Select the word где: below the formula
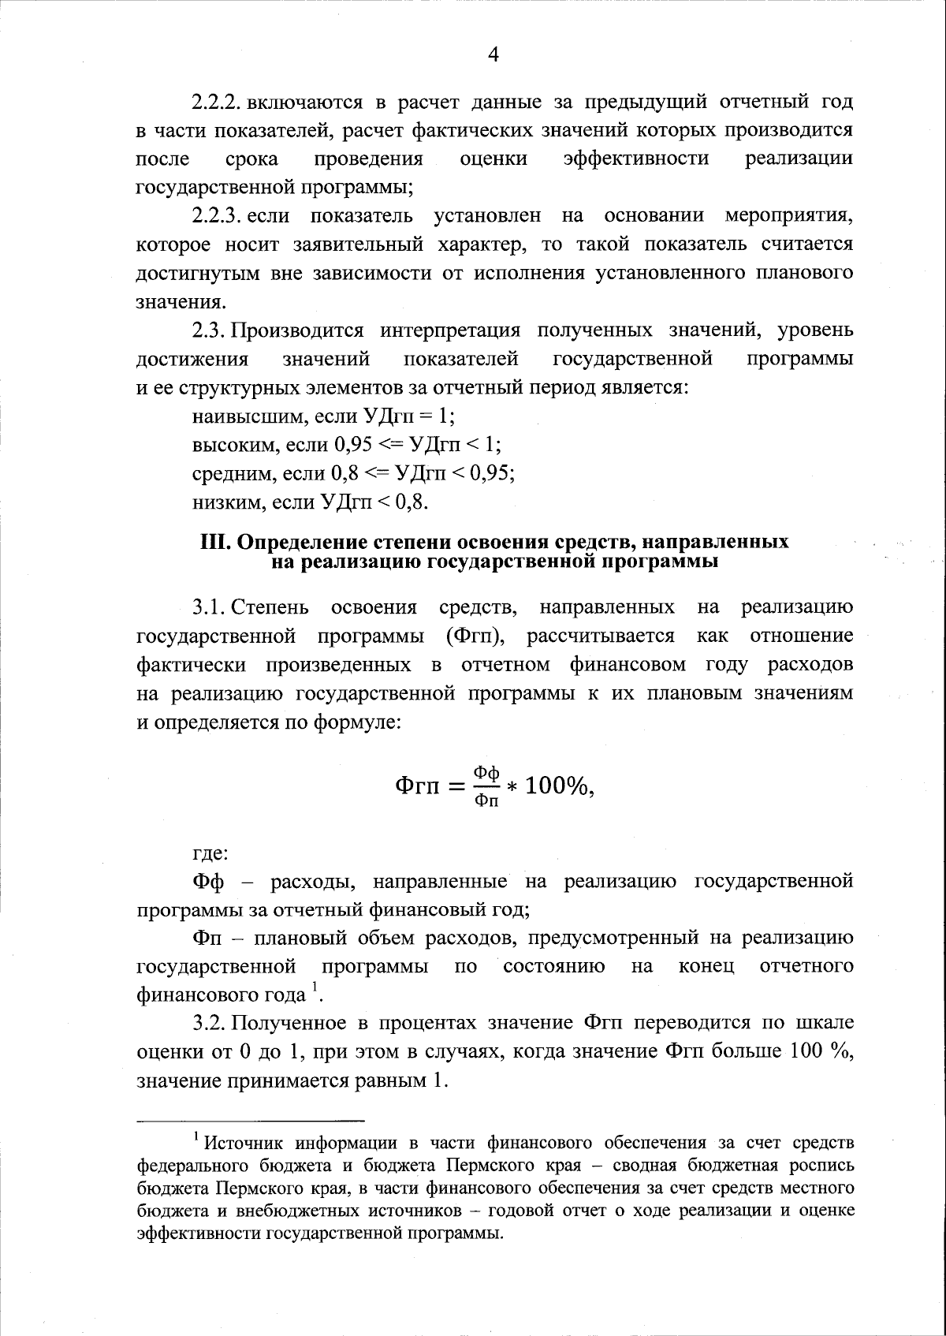(x=210, y=853)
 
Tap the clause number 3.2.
(x=210, y=1024)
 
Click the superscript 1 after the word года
(x=315, y=987)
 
